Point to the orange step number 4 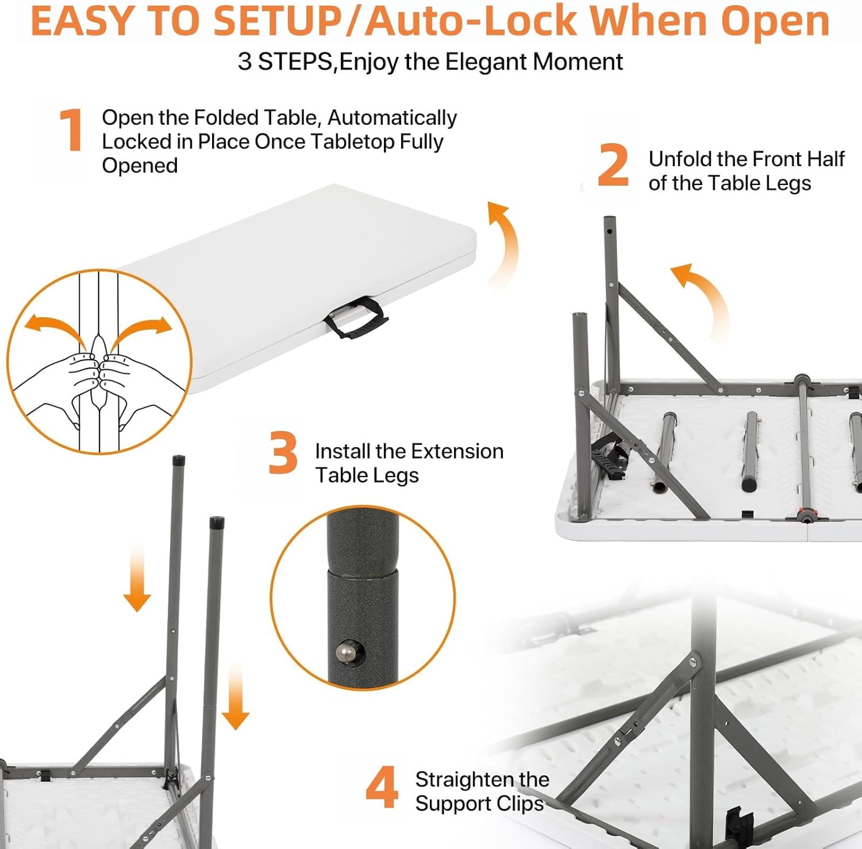382,787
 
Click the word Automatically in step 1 392,118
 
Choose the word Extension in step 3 457,451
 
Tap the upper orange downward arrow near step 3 137,578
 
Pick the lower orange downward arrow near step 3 236,696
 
